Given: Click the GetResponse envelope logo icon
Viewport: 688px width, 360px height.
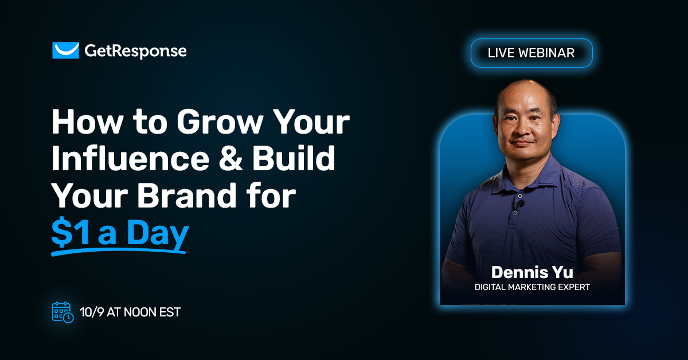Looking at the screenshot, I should point(65,50).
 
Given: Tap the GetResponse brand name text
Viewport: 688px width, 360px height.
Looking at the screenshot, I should point(135,51).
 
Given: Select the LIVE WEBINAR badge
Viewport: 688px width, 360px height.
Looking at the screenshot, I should point(531,53).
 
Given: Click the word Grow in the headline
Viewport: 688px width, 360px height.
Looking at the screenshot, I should point(214,122).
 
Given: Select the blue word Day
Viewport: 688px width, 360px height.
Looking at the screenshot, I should point(158,233).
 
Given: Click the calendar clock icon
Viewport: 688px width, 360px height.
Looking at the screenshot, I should point(62,312).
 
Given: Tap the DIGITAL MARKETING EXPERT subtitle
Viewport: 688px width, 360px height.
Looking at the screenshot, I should point(531,287).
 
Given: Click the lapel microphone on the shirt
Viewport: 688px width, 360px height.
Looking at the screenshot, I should point(520,204).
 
